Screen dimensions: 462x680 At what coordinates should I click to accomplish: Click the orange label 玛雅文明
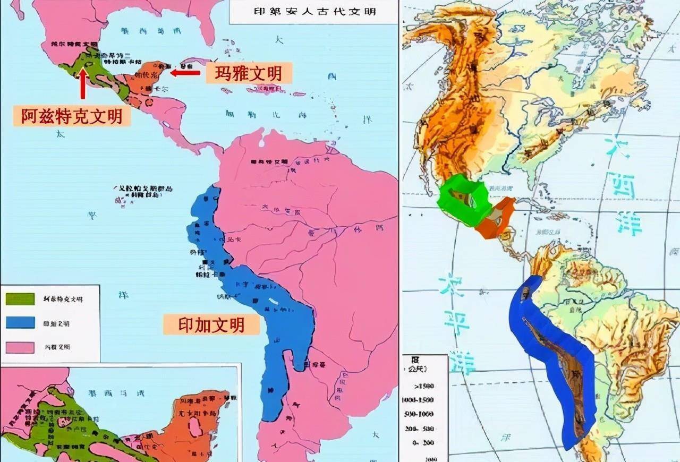click(x=249, y=73)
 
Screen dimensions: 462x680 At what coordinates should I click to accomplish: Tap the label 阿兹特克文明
click(x=72, y=116)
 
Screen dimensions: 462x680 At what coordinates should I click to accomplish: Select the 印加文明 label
click(x=211, y=324)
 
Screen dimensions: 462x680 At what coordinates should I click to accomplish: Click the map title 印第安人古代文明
click(x=314, y=11)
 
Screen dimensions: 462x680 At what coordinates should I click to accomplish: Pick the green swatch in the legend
click(x=20, y=299)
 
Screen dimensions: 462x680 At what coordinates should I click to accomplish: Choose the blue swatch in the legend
click(x=20, y=323)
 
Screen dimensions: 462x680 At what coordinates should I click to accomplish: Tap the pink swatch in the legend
click(x=20, y=347)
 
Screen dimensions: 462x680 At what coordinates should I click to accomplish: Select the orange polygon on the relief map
click(x=497, y=218)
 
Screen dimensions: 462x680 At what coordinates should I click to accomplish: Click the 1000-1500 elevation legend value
click(x=418, y=399)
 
